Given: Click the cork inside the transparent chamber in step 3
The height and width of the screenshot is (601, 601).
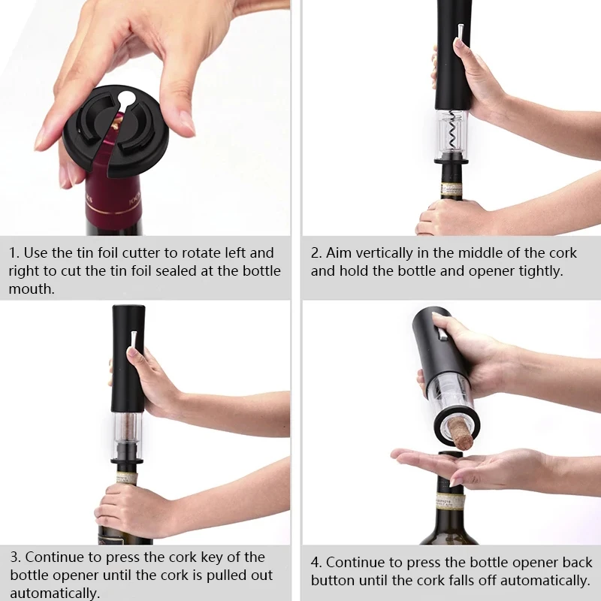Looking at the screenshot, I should [x=129, y=430].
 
